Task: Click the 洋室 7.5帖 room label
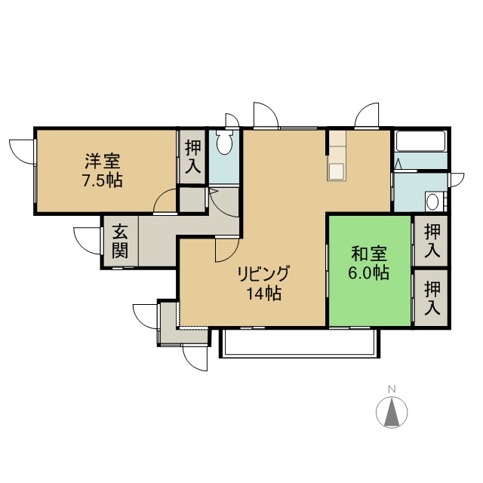click(x=103, y=170)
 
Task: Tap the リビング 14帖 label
click(x=263, y=283)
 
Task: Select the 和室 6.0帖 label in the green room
click(x=369, y=263)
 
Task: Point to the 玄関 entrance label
click(x=120, y=241)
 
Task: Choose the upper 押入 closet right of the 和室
click(x=432, y=241)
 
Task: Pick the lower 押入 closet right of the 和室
click(x=432, y=298)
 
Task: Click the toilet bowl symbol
click(x=224, y=142)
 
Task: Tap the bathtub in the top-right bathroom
click(x=421, y=141)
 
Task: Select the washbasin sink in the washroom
click(x=432, y=202)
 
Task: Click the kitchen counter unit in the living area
click(x=337, y=155)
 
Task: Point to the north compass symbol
click(x=392, y=412)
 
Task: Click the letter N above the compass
click(x=392, y=389)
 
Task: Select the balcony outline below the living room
click(x=300, y=343)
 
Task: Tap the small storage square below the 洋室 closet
click(x=192, y=199)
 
